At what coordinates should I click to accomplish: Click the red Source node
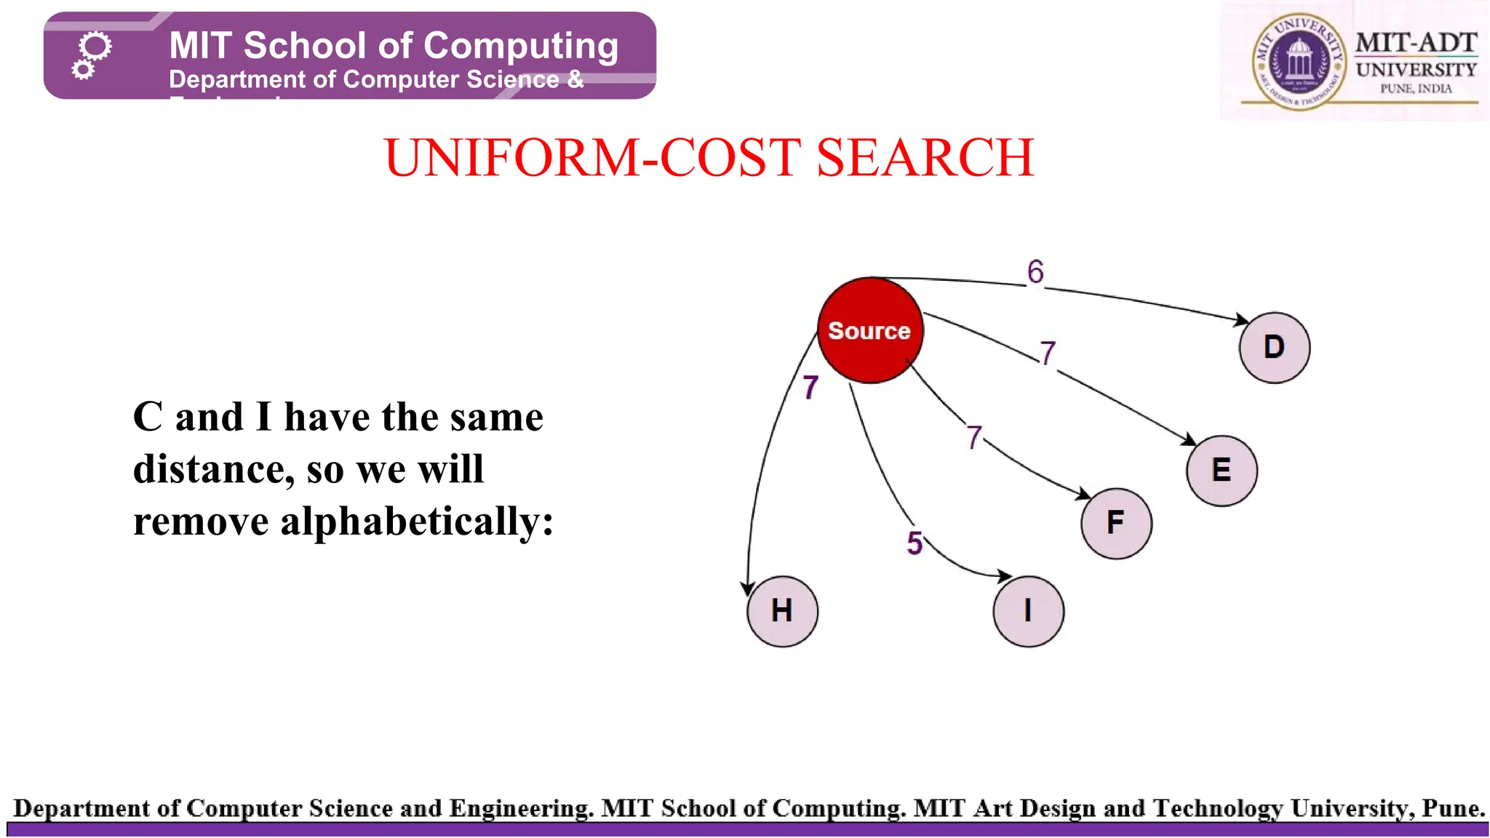(x=870, y=330)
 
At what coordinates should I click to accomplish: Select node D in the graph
(x=1275, y=348)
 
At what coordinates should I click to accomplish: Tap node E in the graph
(x=1222, y=471)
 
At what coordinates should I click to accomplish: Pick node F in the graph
(x=1116, y=523)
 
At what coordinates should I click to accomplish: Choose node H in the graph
(x=782, y=611)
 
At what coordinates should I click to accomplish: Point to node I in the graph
(x=1028, y=611)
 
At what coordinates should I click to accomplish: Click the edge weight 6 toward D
(x=1035, y=272)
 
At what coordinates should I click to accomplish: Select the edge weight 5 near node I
(x=915, y=543)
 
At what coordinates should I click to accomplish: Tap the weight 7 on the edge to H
(x=810, y=388)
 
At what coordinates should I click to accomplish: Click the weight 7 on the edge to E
(x=1048, y=354)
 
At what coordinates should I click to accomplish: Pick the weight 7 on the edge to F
(x=975, y=438)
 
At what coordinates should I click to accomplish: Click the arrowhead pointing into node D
(x=1242, y=319)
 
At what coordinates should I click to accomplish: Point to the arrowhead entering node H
(x=747, y=588)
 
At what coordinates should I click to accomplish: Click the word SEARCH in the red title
(x=925, y=158)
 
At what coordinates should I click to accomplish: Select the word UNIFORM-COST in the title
(x=593, y=158)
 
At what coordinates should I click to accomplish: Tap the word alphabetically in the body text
(x=416, y=522)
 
